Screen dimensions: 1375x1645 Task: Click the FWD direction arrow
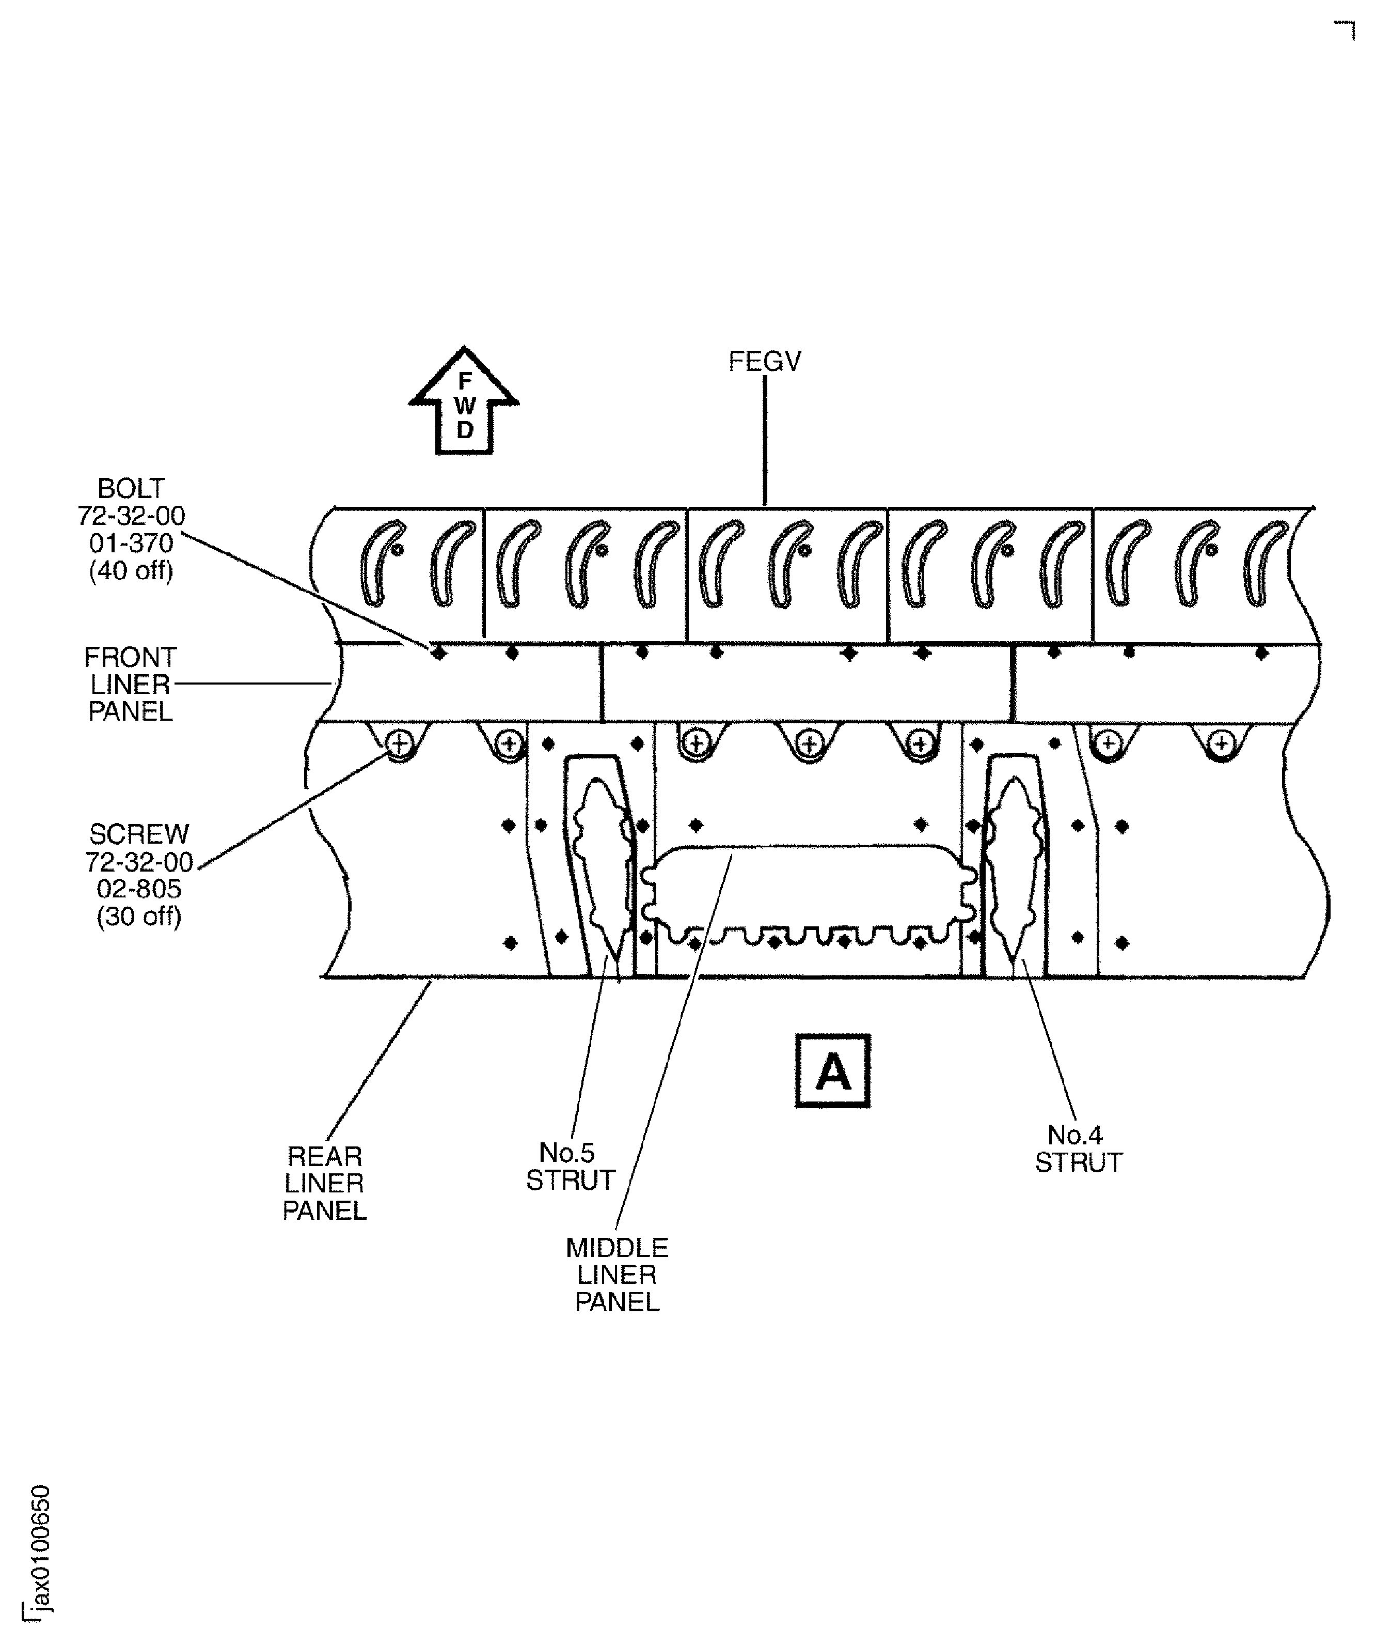pos(464,400)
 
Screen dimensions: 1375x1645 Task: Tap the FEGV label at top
pos(765,361)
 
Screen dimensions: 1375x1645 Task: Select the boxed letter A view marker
pos(832,1071)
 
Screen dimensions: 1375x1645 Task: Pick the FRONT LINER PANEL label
pos(131,685)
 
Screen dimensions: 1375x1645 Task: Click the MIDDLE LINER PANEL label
pos(617,1275)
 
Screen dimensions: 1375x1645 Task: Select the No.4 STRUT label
pos(1078,1149)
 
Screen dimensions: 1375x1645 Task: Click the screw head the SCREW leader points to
pos(399,742)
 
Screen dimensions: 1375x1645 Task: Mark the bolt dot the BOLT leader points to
pos(438,651)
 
